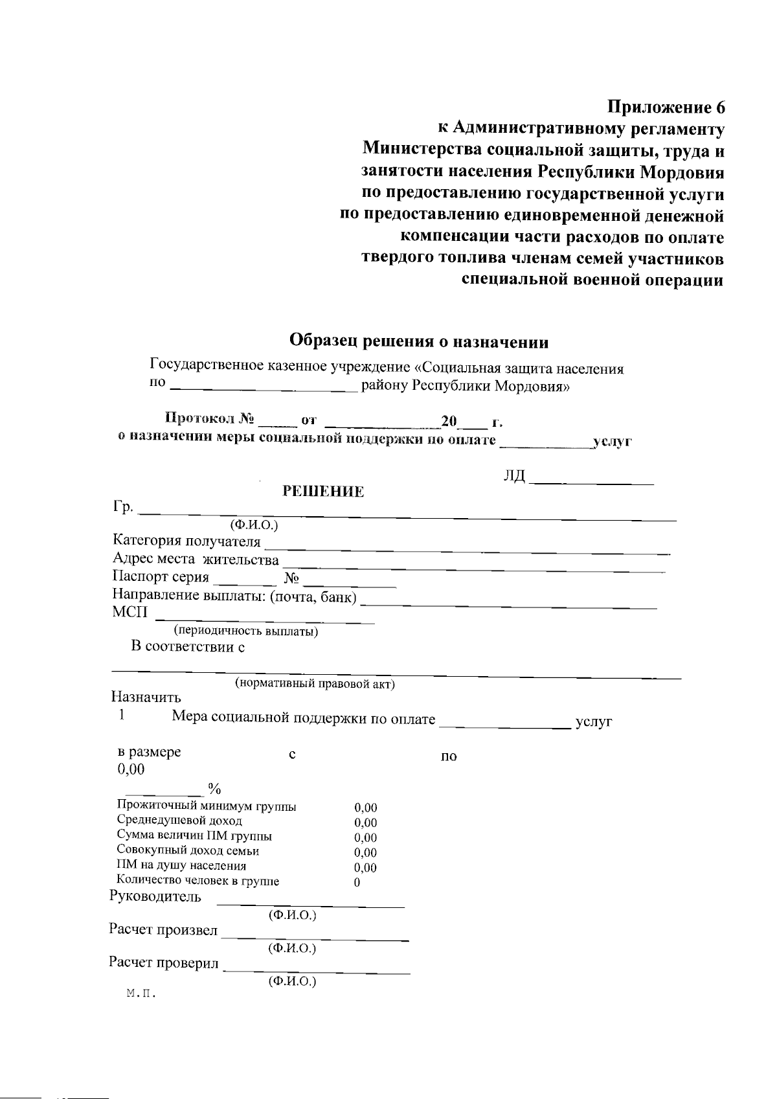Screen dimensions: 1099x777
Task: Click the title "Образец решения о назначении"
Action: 419,341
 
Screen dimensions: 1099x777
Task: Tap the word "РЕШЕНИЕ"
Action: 323,492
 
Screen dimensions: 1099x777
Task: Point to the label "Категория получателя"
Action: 186,541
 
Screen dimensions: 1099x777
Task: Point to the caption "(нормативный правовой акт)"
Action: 314,683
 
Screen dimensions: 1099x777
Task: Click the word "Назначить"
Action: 146,697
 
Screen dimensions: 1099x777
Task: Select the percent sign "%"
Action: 214,788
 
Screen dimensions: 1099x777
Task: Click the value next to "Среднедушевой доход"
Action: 365,822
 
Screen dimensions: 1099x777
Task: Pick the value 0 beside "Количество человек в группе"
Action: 357,882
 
